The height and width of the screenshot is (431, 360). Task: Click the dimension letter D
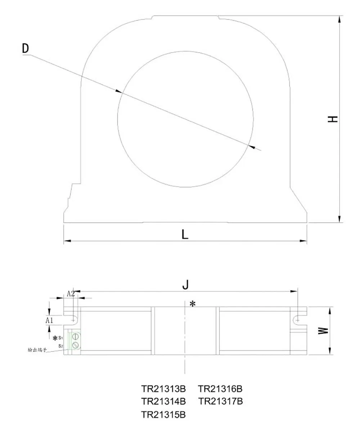pos(25,48)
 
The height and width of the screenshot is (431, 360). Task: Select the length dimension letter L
pos(185,235)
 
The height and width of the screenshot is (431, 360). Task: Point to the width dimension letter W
pos(325,331)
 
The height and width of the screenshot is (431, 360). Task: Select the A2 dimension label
pos(71,294)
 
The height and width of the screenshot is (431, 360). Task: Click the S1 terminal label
pos(61,338)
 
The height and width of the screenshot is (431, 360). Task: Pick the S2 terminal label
pos(61,345)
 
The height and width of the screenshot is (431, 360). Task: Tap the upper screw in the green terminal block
pos(76,337)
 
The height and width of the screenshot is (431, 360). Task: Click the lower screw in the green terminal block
pos(76,345)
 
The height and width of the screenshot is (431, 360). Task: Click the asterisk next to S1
pos(55,338)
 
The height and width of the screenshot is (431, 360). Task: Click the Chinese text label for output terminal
pos(37,350)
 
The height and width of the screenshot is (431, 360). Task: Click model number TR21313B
pos(163,389)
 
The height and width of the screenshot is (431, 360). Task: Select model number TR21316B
pos(221,389)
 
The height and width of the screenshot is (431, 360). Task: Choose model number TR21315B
pos(163,414)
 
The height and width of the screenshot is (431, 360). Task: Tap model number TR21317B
pos(221,401)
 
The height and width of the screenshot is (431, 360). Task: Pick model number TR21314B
pos(163,401)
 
